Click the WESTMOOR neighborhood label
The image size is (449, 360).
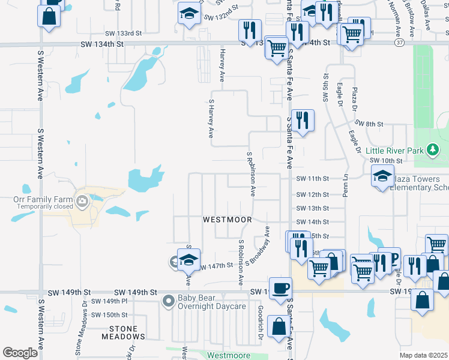227,220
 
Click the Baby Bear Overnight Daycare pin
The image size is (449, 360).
169,300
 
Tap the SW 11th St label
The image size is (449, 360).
313,179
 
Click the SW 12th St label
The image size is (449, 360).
313,194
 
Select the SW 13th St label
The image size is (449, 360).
313,208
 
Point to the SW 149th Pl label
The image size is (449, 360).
111,301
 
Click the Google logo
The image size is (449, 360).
20,352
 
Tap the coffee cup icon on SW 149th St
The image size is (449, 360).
280,288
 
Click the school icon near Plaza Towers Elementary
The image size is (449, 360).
382,177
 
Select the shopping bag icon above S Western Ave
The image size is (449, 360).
50,16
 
